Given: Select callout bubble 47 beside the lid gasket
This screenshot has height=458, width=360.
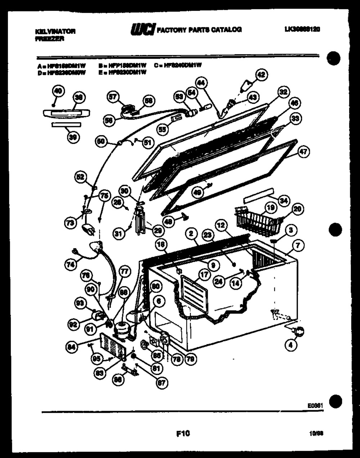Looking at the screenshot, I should coord(303,152).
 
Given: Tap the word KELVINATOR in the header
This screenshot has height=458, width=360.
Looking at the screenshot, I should coord(55,31).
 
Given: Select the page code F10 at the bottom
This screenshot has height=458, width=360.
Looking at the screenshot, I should coord(183,433).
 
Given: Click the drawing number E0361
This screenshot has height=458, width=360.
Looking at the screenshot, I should coord(315,405).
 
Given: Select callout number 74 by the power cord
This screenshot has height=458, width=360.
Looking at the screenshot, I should coord(71,264).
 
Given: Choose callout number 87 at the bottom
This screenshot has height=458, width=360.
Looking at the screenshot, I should coord(162,383).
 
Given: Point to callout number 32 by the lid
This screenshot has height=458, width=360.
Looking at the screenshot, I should coord(283,93).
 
